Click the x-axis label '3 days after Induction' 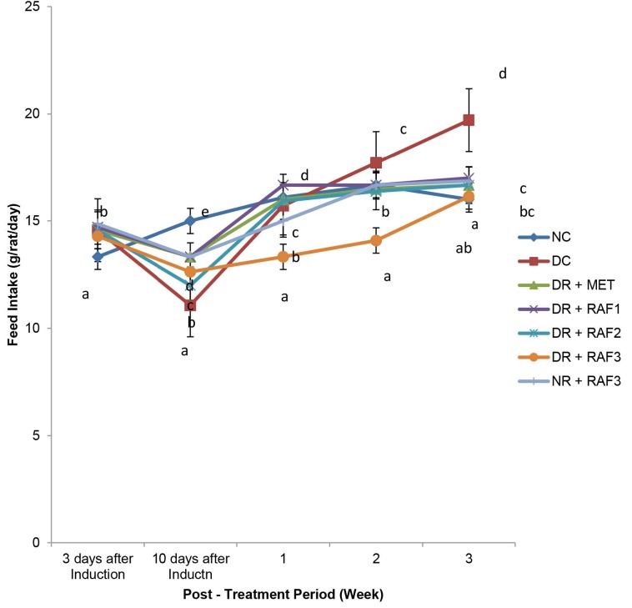(98, 564)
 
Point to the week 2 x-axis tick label (376, 558)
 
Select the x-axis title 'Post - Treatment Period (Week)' (283, 595)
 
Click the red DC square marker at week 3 (469, 120)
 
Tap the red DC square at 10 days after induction (191, 305)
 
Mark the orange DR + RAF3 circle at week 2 (376, 241)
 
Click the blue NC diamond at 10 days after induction (191, 221)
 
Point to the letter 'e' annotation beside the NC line (205, 213)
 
